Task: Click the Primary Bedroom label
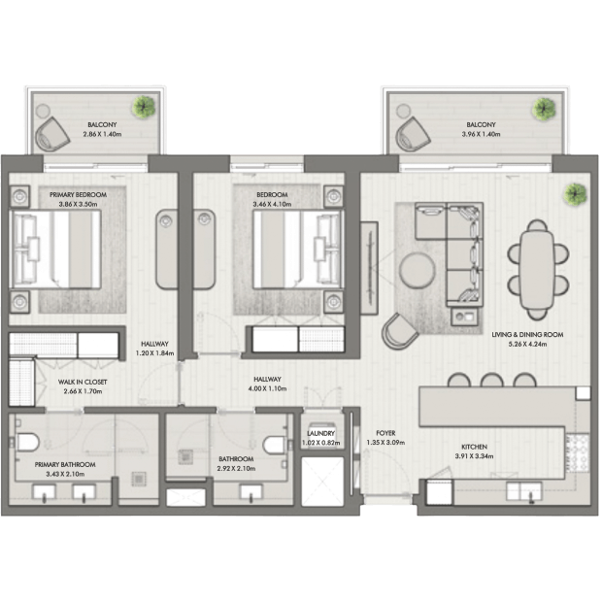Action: coord(78,194)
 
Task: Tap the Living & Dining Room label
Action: coord(527,334)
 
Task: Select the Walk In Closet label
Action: coord(83,382)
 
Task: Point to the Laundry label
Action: coord(321,433)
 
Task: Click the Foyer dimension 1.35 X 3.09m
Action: coord(385,443)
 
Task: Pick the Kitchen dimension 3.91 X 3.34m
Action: coord(474,456)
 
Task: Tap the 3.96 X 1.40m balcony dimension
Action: coord(481,134)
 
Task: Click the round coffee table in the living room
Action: coord(417,270)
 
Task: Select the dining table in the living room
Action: coord(538,270)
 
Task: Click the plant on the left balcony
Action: coord(144,107)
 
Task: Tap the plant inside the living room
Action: coord(575,194)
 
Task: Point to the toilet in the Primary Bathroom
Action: coord(26,442)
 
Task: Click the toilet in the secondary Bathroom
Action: coord(276,445)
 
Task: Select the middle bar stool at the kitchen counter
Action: coord(492,380)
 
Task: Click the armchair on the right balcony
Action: coord(413,134)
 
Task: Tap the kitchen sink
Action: coord(523,492)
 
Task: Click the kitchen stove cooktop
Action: coord(577,453)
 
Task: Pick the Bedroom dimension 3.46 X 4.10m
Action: coord(272,204)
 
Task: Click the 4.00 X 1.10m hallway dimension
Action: coord(267,388)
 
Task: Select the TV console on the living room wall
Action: coord(369,268)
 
